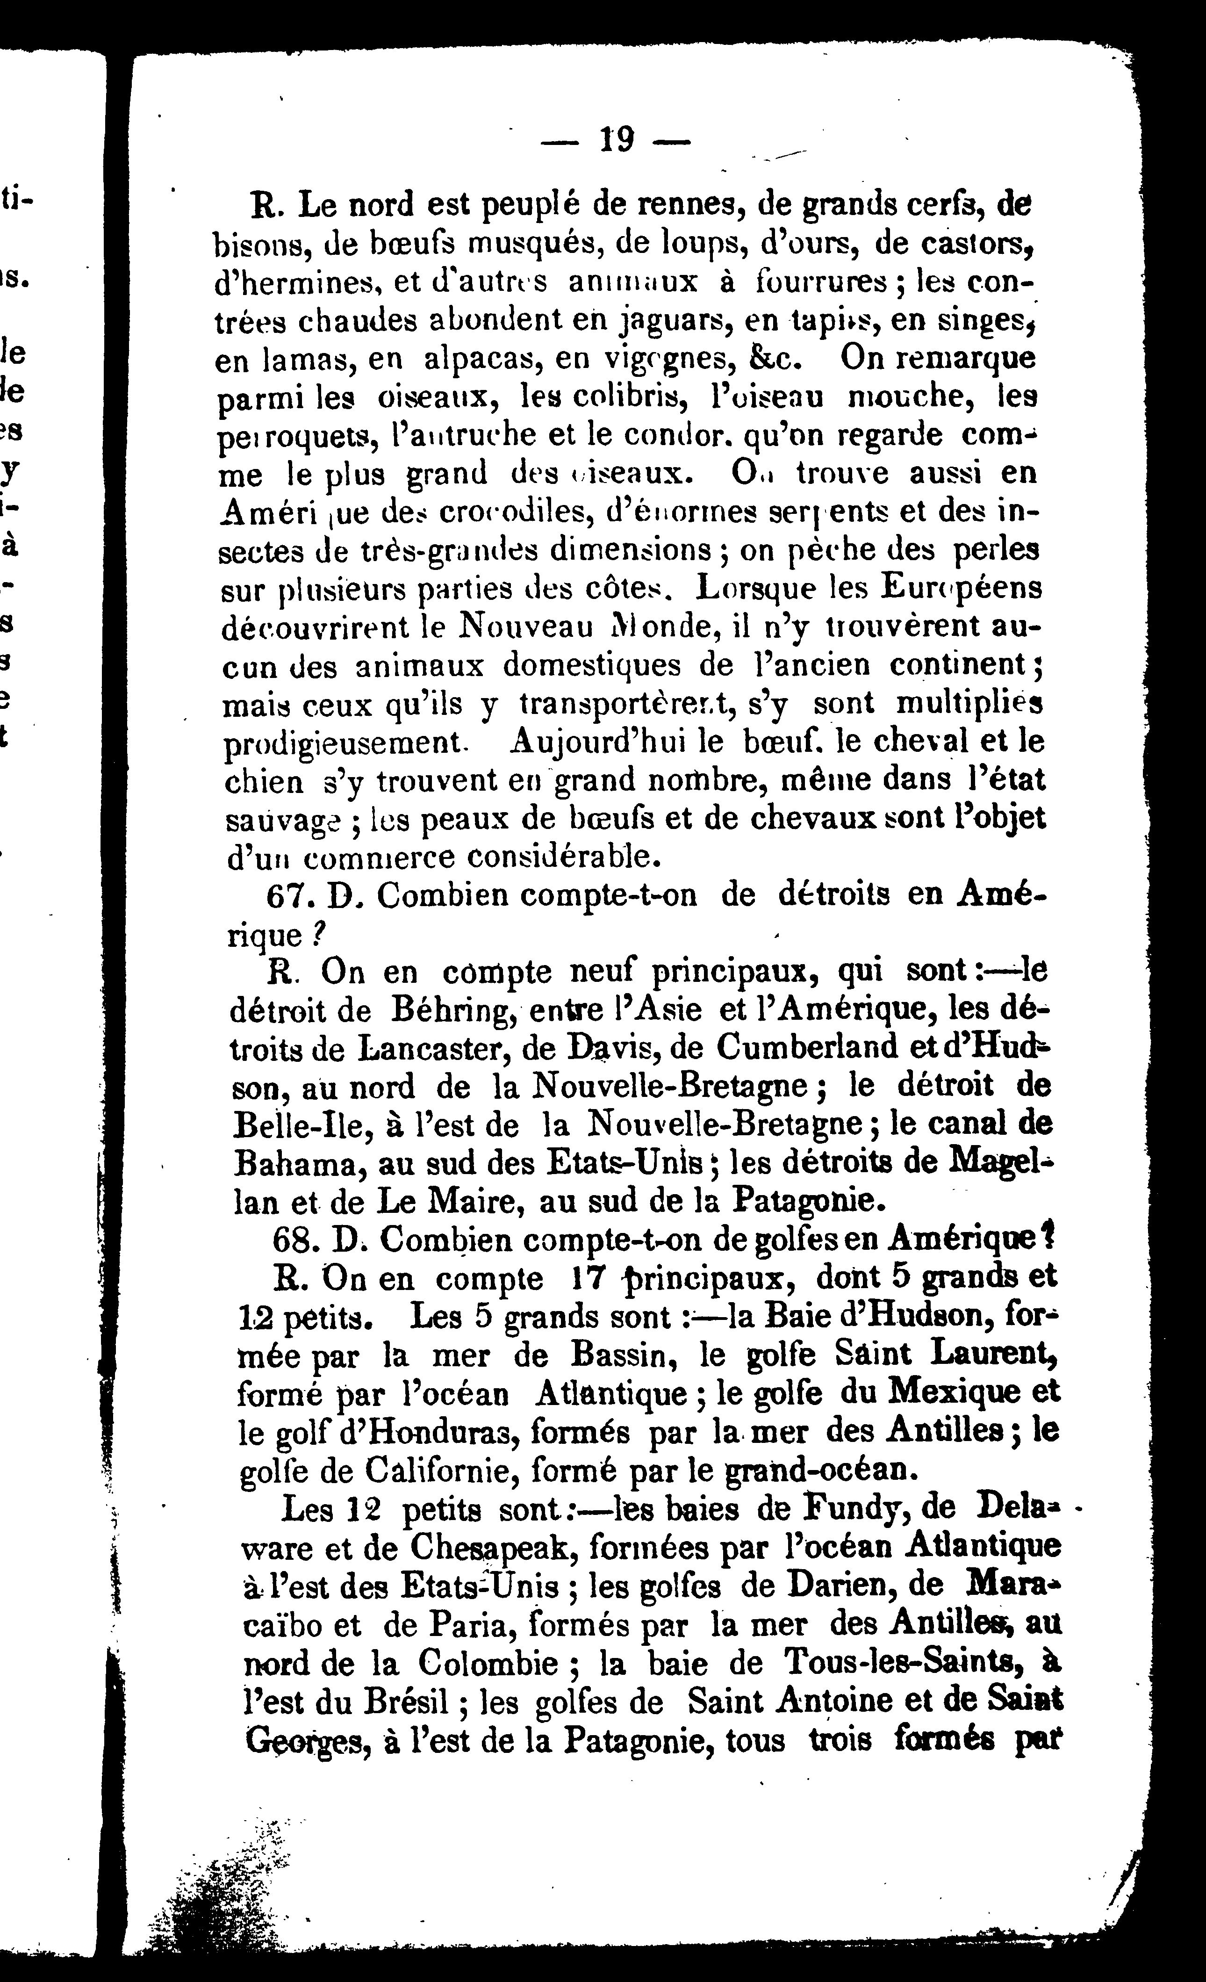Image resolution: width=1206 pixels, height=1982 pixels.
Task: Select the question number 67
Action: pyautogui.click(x=285, y=897)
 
